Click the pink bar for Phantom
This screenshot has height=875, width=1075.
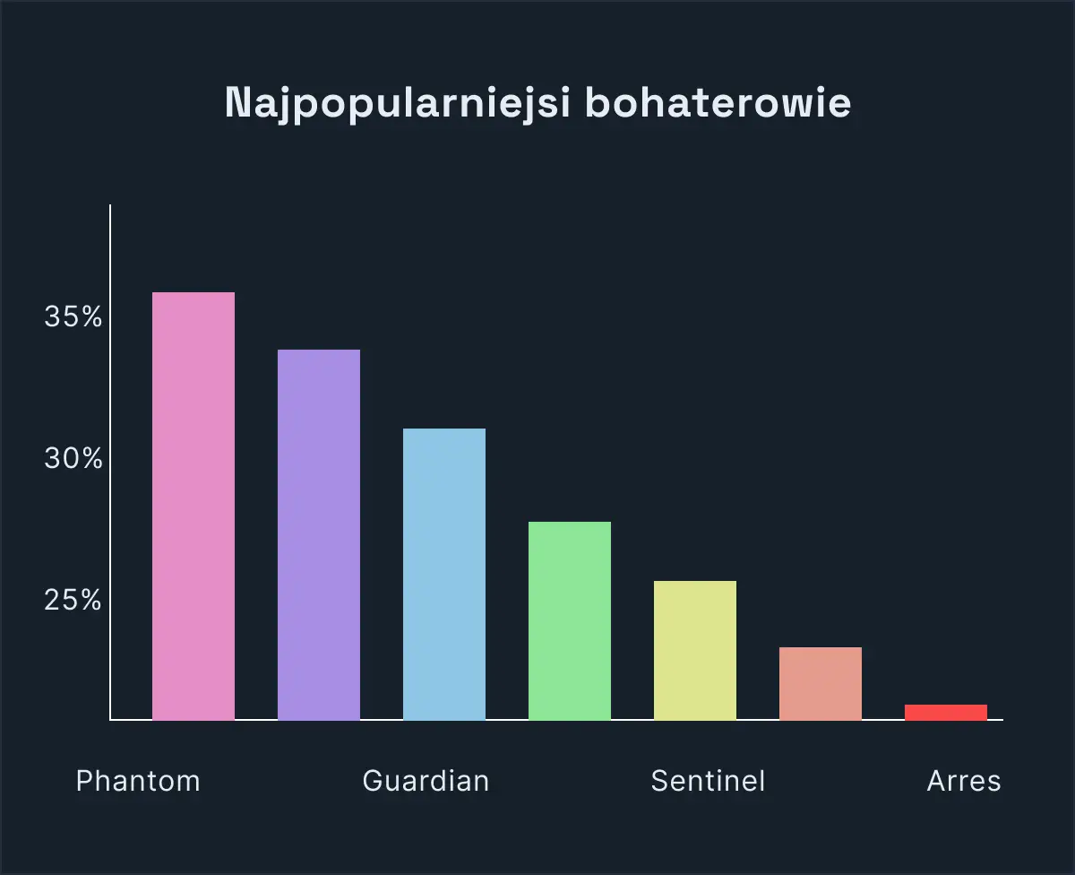193,507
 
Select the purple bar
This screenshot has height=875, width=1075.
319,535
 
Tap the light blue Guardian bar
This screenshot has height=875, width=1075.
444,575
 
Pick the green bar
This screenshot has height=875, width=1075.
570,621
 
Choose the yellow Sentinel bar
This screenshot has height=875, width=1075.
695,651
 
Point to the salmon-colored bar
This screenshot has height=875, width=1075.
821,684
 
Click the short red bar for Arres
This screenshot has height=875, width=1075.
946,713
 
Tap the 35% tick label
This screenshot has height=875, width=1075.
73,316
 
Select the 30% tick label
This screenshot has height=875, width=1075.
73,459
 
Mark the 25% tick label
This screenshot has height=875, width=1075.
73,600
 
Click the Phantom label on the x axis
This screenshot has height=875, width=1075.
138,781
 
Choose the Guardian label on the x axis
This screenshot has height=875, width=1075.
426,781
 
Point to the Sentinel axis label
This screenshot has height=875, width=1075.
708,781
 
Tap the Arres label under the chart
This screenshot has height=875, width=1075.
963,781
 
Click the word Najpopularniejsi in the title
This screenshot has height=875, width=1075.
396,104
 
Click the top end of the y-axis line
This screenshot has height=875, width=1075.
110,205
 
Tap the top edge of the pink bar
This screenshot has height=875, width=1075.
193,293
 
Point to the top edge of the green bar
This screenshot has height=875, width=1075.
570,523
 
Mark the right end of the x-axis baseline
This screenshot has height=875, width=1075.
1002,720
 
